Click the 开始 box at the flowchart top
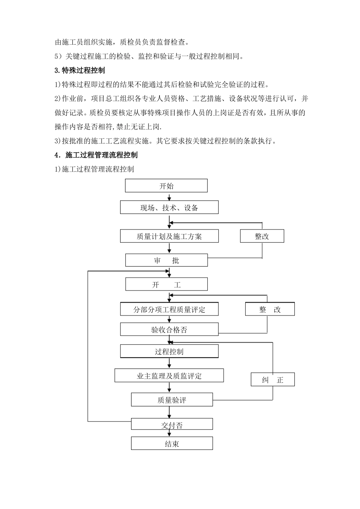(x=166, y=186)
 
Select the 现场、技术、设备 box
(x=169, y=208)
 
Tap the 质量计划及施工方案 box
(x=169, y=236)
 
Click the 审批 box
(x=166, y=261)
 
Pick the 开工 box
(x=166, y=284)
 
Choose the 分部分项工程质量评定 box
(x=169, y=309)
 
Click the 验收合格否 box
(x=169, y=329)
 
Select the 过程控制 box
(x=169, y=351)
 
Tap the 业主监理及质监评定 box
(x=169, y=376)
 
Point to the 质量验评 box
(x=172, y=400)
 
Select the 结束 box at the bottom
(x=172, y=443)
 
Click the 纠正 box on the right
(x=272, y=379)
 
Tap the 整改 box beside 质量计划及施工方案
(x=262, y=236)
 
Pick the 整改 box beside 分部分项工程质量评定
(x=270, y=309)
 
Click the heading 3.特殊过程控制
(x=80, y=70)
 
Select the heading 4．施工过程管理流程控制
(x=96, y=155)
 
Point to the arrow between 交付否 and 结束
(x=172, y=433)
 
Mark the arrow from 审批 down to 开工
(x=169, y=272)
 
